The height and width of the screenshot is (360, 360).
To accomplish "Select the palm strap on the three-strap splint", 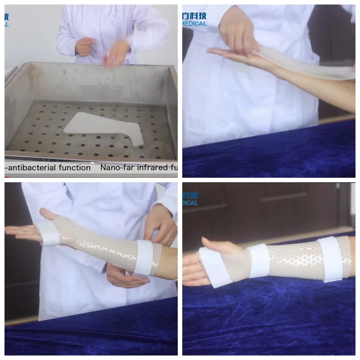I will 211,268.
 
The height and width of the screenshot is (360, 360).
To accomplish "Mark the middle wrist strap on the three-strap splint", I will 260,260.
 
